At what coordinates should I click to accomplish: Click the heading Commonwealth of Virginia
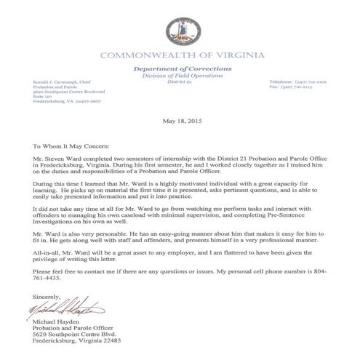coord(179,55)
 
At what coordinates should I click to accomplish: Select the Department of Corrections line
coord(180,67)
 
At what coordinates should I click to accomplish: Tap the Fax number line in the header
coord(293,88)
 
